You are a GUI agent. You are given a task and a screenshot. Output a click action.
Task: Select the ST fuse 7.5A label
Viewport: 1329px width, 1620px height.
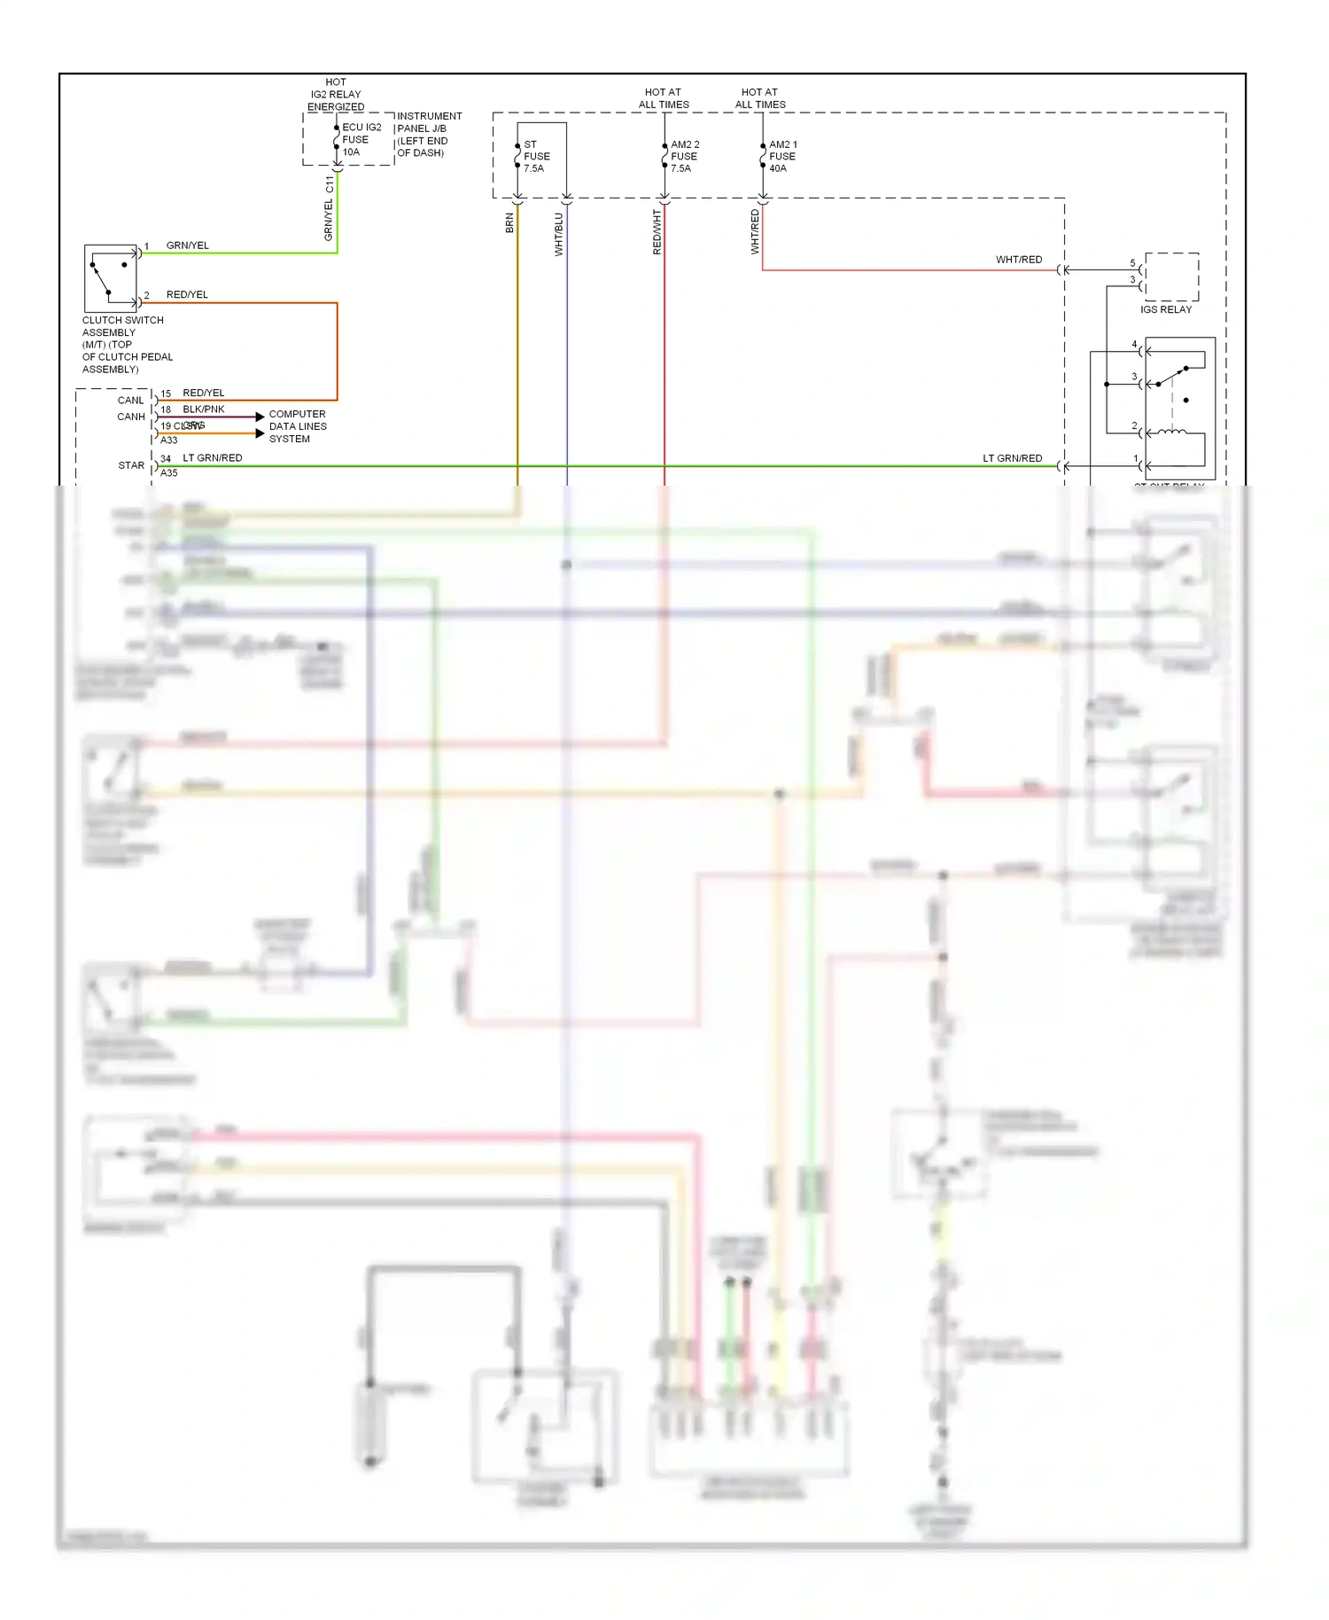coord(535,156)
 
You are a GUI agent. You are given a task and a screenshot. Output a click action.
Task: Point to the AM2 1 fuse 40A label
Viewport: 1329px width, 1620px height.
coord(782,156)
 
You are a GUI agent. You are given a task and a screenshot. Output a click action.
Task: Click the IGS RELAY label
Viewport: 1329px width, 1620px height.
coord(1165,309)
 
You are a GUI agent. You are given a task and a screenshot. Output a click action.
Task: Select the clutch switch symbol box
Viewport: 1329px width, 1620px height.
coord(111,277)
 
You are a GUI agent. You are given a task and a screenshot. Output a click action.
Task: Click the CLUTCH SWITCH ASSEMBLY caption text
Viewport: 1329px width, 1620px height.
coord(125,344)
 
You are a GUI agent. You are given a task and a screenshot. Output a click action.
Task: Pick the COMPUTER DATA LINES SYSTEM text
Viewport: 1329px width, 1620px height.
coord(297,426)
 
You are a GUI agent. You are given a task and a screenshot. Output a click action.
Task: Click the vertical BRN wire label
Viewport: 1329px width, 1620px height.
coord(509,222)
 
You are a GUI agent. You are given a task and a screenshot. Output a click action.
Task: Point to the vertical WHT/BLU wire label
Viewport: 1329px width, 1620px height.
coord(559,234)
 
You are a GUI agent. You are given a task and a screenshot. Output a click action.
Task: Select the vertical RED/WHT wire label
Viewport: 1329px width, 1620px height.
coord(657,232)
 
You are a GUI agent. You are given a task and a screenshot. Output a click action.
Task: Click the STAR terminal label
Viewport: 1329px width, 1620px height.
coord(131,465)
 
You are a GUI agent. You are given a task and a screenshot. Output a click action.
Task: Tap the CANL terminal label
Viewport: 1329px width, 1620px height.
coord(130,401)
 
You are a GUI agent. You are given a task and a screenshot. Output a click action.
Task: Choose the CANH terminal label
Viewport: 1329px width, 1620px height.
coord(131,417)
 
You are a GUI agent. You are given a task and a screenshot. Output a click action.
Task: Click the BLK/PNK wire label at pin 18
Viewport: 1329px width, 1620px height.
coord(203,409)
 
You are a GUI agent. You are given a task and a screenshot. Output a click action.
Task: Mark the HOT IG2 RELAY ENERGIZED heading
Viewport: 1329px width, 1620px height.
coord(336,94)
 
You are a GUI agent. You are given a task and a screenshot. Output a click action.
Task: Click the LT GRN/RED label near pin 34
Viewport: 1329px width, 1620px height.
coord(212,458)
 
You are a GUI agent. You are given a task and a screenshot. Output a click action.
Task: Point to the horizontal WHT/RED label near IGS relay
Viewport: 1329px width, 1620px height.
coord(1018,260)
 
